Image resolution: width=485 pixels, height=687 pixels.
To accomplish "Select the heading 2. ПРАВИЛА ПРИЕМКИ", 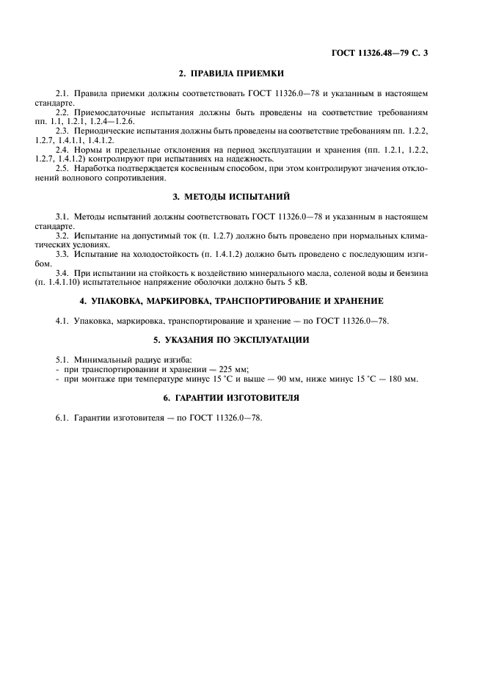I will point(231,74).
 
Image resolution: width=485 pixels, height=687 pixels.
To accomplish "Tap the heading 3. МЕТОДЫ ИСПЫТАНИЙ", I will point(231,197).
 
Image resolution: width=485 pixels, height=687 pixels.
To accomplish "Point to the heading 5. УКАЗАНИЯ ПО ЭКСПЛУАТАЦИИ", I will point(231,340).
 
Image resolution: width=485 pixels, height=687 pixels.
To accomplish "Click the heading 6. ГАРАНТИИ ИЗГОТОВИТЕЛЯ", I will point(231,397).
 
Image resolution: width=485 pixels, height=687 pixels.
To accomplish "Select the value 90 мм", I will point(296,379).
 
